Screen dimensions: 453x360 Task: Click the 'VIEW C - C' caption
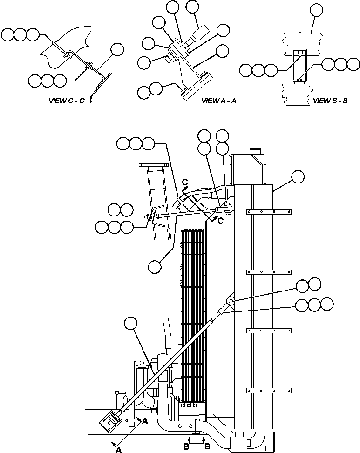(x=67, y=101)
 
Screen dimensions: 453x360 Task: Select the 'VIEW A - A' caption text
(x=219, y=101)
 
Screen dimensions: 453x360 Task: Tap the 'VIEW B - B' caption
(x=330, y=101)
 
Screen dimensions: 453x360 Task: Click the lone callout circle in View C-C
(x=117, y=50)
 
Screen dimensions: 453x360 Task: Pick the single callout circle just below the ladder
(x=155, y=266)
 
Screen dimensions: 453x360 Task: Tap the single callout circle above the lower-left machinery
(x=132, y=322)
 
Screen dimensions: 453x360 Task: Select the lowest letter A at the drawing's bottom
(x=119, y=449)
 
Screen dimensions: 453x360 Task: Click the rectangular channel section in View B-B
(x=297, y=65)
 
